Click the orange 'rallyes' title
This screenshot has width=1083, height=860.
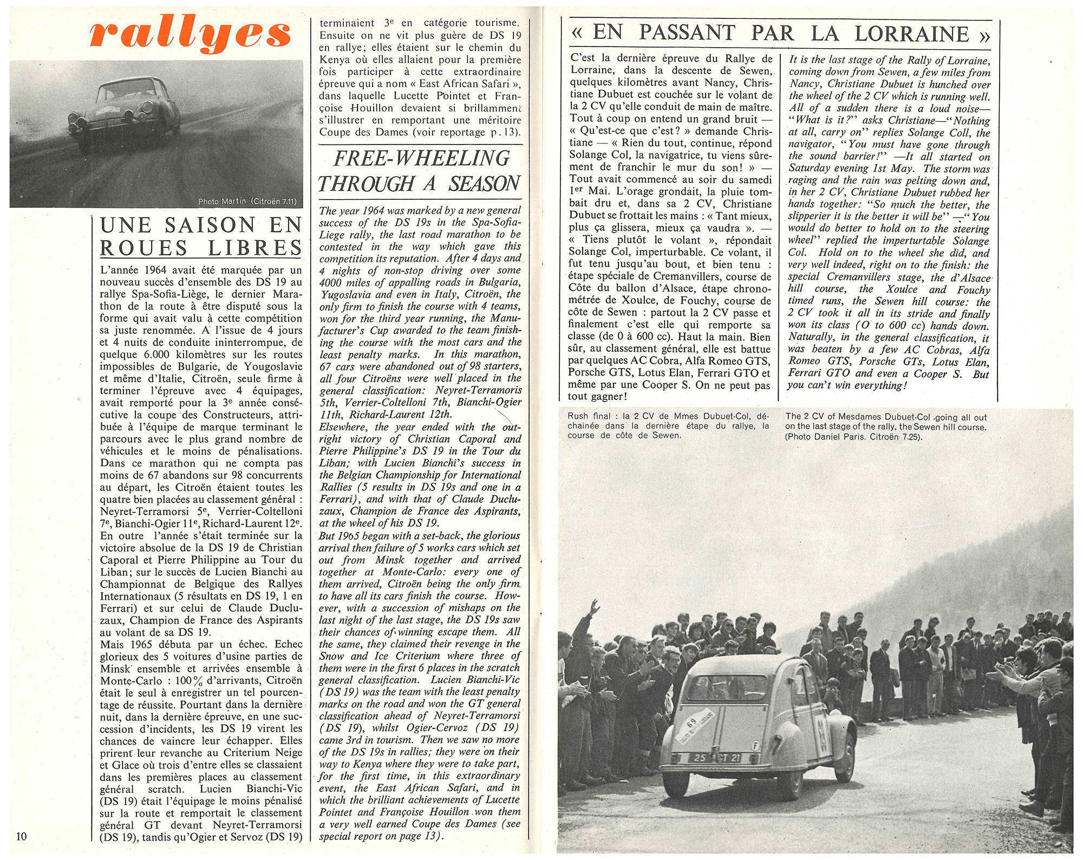pos(190,34)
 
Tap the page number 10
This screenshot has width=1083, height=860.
pos(21,836)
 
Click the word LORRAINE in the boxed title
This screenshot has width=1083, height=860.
pos(911,34)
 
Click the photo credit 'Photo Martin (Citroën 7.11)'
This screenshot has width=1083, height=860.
pos(247,202)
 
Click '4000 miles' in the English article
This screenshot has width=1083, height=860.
pos(342,283)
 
